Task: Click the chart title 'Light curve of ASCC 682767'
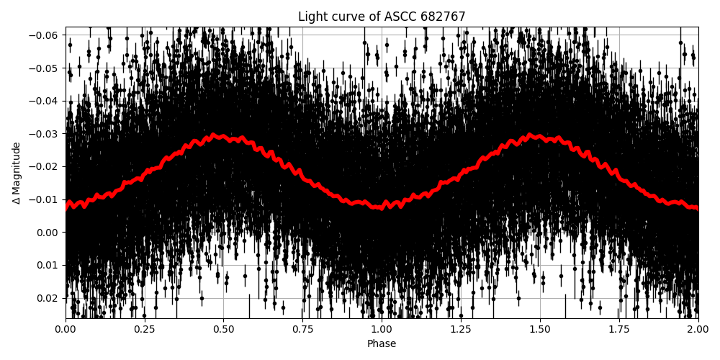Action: (382, 17)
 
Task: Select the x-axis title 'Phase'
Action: (382, 344)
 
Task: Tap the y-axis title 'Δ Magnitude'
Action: (17, 173)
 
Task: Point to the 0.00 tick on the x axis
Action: (66, 329)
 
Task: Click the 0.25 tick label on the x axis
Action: (145, 329)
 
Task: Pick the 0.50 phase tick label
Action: (224, 329)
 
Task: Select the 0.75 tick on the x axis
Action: (303, 329)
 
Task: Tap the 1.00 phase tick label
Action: (382, 329)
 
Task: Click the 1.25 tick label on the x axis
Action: (461, 329)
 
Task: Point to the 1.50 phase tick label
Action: (540, 329)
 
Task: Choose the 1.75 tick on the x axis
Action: (619, 329)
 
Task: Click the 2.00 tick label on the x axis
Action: (698, 329)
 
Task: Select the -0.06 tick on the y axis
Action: (47, 35)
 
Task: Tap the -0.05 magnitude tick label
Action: (47, 68)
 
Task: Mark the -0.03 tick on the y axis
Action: (47, 134)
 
